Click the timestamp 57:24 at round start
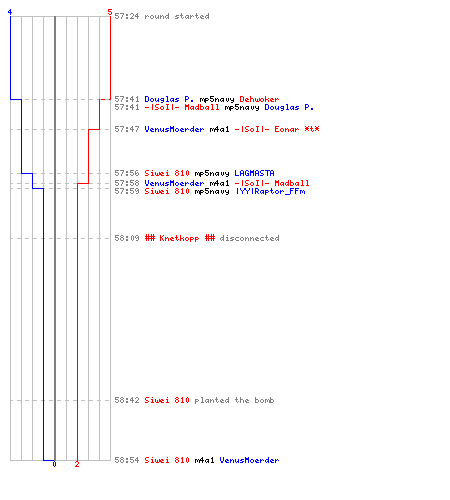tap(127, 16)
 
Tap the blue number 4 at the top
tap(10, 12)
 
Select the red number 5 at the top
tap(110, 12)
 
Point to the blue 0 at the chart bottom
tap(54, 464)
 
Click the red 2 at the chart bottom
tap(77, 464)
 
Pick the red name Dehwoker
tap(259, 99)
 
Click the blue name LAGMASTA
tap(254, 173)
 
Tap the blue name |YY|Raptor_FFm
tap(270, 191)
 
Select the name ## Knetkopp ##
tap(180, 238)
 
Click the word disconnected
tap(249, 238)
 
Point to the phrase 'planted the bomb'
tap(234, 400)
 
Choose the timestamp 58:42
tap(127, 400)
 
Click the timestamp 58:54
tap(127, 460)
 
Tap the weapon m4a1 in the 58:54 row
tap(204, 460)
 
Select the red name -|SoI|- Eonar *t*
tap(277, 129)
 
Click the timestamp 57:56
tap(127, 173)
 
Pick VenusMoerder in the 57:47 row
tap(174, 129)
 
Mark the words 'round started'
tap(177, 16)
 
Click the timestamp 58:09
tap(127, 238)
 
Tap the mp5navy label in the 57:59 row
tap(212, 191)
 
